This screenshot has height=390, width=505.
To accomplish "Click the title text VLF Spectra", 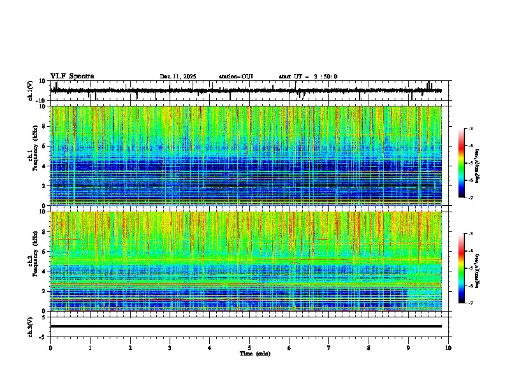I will (x=72, y=76).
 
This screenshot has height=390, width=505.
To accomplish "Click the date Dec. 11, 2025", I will (x=178, y=76).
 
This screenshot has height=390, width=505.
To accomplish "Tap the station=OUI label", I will (x=236, y=76).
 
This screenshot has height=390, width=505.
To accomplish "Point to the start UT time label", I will (x=308, y=76).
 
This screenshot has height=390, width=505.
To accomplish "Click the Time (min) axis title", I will (x=254, y=353).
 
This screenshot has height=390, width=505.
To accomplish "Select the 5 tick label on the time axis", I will (x=249, y=347).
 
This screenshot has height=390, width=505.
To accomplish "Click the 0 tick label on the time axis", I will (x=50, y=347).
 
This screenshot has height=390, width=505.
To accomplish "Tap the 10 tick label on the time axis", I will (x=448, y=347).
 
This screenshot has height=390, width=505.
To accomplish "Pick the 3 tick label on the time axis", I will (x=170, y=347).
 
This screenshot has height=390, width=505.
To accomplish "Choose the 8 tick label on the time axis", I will (x=369, y=347).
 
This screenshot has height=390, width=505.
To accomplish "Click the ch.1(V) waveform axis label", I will (x=31, y=90).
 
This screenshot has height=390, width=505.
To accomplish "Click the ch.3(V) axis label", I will (x=31, y=326).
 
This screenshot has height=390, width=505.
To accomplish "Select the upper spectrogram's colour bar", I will (x=461, y=163).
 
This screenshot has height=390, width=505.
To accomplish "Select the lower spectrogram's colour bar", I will (x=461, y=268).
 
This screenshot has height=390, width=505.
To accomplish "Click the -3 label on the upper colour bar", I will (x=469, y=129).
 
